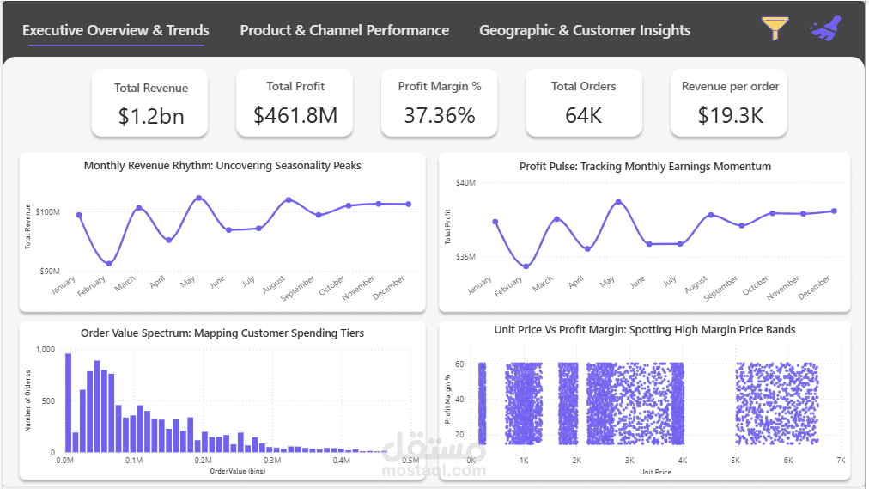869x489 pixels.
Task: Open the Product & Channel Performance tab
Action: (344, 30)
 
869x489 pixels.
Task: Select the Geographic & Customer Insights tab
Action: (585, 30)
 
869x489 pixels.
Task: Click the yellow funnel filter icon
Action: (775, 28)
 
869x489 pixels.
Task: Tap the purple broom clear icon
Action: (826, 28)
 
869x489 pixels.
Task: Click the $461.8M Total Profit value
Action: (295, 115)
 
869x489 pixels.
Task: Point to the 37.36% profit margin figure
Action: (440, 115)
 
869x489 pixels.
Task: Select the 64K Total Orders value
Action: (584, 115)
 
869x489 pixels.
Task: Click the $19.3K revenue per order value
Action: (731, 115)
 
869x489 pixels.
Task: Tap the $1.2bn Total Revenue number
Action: (151, 116)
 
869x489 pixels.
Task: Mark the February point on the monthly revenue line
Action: (108, 263)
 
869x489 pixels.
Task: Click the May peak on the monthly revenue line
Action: (199, 198)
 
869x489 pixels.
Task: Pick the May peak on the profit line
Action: (618, 202)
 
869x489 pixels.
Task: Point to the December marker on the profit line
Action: (834, 211)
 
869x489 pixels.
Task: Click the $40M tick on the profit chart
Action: (465, 182)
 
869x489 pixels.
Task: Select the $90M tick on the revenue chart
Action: (49, 271)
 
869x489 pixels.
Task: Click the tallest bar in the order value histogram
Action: (69, 402)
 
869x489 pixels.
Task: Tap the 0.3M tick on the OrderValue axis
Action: (272, 460)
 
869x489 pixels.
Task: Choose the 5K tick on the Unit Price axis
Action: (735, 460)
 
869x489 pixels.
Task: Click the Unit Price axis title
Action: (656, 472)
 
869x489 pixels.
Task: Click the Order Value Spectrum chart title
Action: (222, 333)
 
